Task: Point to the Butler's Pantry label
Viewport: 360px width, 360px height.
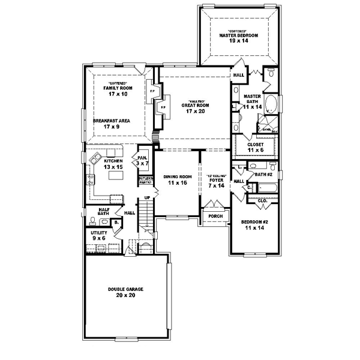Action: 145,180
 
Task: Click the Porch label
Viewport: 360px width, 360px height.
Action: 214,216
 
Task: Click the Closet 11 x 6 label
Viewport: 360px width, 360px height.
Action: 251,147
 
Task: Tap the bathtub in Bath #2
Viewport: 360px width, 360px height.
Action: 265,188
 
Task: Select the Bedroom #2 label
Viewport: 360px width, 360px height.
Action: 253,226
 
